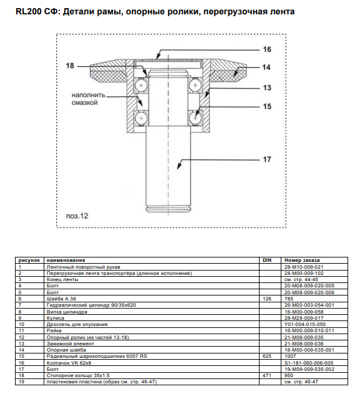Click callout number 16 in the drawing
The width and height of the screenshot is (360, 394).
click(x=267, y=49)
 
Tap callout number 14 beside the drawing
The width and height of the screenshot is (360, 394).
click(x=266, y=67)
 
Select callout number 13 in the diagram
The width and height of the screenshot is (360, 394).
click(x=267, y=88)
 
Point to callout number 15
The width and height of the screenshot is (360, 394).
click(x=267, y=106)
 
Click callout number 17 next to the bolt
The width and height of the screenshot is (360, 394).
click(x=267, y=160)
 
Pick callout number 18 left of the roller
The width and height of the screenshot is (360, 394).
click(x=70, y=65)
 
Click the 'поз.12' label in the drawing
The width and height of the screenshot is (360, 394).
click(x=77, y=216)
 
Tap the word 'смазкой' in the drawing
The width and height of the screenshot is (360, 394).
click(x=84, y=103)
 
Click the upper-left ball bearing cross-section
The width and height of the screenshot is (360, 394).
click(x=141, y=85)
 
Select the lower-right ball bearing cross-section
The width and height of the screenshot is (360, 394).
click(x=195, y=118)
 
